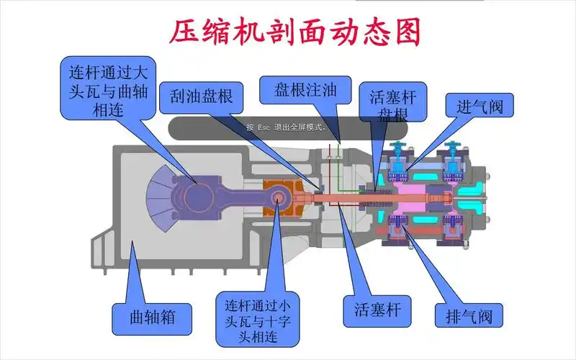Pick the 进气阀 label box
(480, 106)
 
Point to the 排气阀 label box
(468, 315)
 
